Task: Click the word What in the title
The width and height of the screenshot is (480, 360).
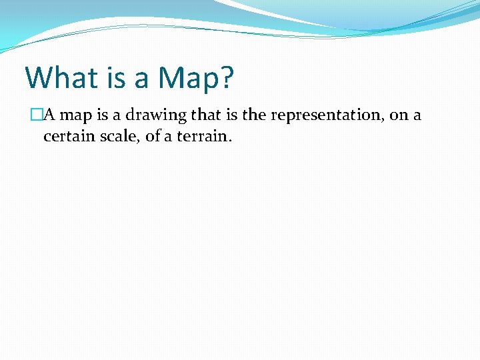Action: click(61, 78)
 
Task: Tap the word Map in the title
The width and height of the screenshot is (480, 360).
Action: click(187, 78)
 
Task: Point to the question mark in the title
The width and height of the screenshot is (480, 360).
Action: click(227, 78)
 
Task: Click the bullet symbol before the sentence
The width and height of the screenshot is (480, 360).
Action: click(36, 115)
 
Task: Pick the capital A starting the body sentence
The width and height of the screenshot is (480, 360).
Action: click(49, 115)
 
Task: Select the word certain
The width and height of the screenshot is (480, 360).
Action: click(67, 137)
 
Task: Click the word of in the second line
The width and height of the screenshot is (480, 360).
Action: click(152, 137)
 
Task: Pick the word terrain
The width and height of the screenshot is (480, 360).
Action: click(205, 137)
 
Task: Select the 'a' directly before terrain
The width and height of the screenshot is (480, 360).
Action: click(169, 138)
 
